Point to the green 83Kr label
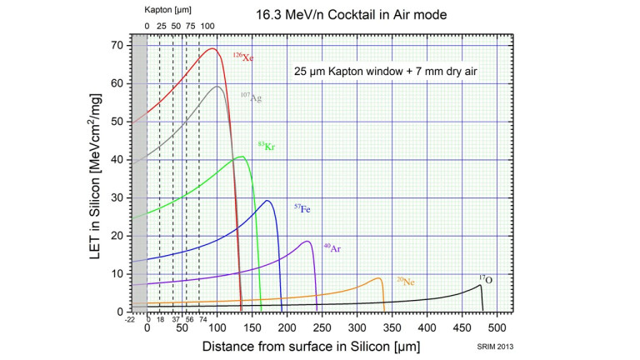tap(267, 147)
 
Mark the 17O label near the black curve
tap(485, 280)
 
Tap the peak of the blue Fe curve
tap(267, 201)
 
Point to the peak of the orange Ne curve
tap(379, 278)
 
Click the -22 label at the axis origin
tap(130, 319)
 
